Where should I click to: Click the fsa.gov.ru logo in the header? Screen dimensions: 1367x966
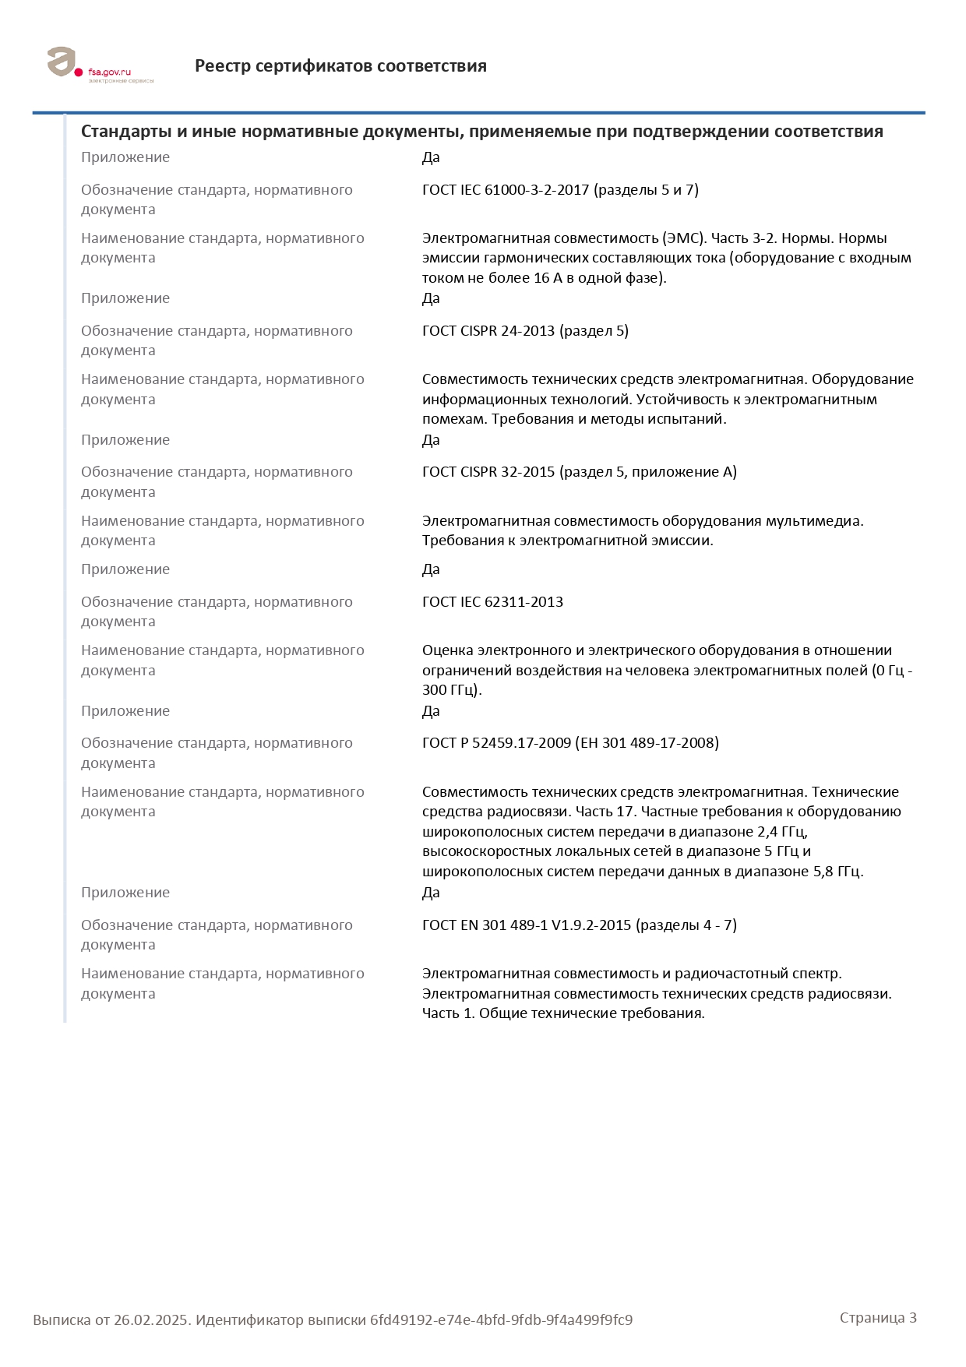(100, 65)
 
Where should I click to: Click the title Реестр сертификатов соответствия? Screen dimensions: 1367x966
(340, 66)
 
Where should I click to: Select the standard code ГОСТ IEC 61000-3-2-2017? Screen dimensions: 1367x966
(506, 190)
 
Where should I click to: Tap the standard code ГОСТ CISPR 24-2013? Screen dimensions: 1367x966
(488, 331)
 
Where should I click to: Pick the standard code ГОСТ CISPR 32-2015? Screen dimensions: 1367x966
(488, 472)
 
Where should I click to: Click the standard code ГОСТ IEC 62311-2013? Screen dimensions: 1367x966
(492, 602)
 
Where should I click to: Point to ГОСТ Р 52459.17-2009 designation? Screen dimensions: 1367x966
(496, 743)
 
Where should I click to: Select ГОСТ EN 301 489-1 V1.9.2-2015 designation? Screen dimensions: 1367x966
(527, 925)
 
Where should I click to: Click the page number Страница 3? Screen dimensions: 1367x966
(878, 1318)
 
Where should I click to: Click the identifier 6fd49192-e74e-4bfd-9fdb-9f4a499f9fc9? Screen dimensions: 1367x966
(501, 1320)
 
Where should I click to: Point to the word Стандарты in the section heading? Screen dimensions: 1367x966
(126, 132)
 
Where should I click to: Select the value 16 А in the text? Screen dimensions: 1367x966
(542, 278)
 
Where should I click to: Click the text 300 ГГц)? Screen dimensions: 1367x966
(452, 690)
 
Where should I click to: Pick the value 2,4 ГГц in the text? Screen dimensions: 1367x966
(781, 832)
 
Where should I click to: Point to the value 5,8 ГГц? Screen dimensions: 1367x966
(838, 872)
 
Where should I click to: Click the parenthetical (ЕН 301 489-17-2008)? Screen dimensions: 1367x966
(647, 743)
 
